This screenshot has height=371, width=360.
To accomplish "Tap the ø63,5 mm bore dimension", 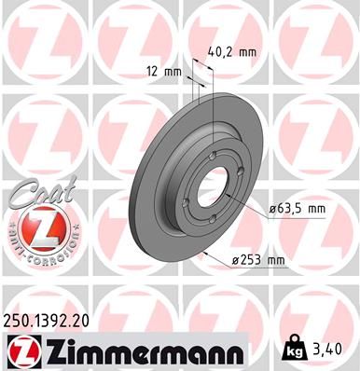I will click(x=297, y=210).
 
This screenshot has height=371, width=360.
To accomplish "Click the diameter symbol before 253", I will click(x=235, y=259).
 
